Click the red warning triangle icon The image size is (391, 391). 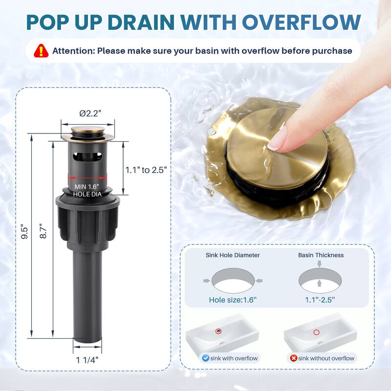point(41,51)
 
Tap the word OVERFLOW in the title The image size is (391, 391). point(301,22)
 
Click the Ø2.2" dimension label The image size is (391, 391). point(90,113)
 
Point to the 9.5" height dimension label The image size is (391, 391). point(24,233)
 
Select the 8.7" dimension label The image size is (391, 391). point(43,231)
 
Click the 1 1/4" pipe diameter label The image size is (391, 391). point(87,360)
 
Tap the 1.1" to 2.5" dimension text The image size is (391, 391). point(146,170)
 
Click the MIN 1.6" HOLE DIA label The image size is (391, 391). point(87,190)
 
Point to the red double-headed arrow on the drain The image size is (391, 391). point(87,178)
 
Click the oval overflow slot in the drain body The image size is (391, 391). point(87,156)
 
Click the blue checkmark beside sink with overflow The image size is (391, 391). point(205,358)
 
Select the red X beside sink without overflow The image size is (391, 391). point(294,358)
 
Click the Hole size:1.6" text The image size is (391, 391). point(233,300)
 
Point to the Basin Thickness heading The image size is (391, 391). point(321,255)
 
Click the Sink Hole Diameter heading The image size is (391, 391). point(233,255)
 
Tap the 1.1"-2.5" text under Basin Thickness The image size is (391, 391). point(320,300)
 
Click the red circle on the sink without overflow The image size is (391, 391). point(316,332)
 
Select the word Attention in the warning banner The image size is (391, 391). point(72,51)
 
